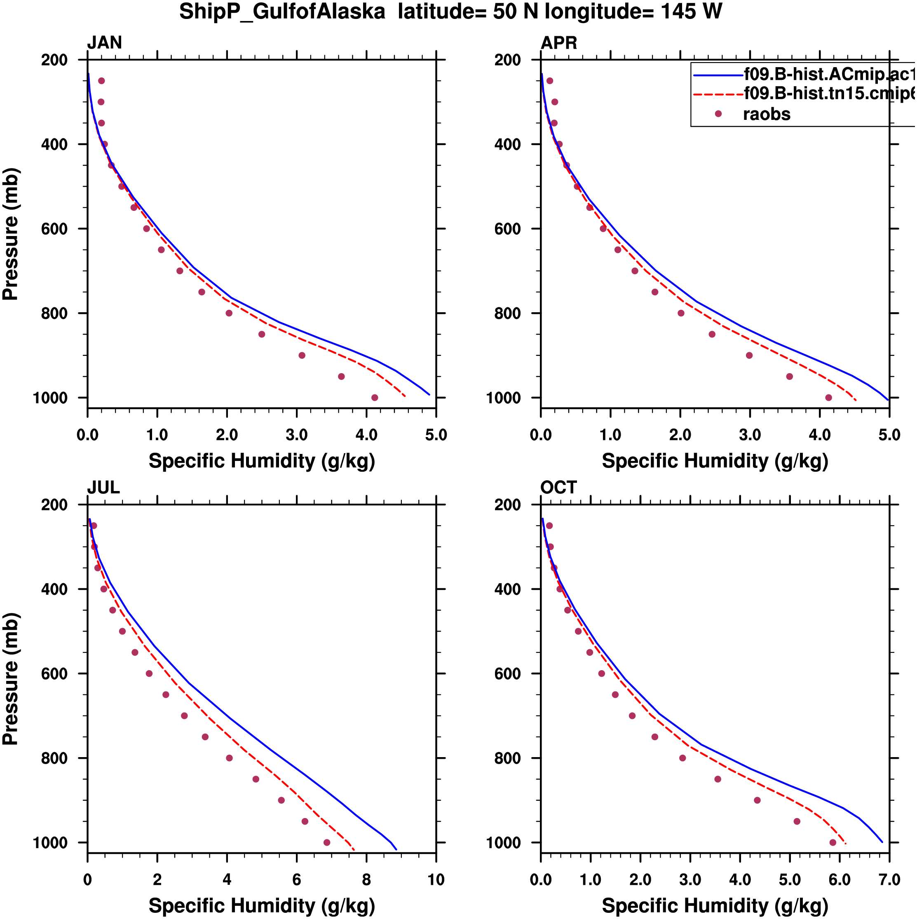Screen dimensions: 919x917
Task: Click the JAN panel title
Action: click(104, 43)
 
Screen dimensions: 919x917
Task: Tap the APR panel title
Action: click(559, 43)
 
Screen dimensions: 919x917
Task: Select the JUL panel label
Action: click(103, 488)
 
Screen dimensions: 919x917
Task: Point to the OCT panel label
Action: click(559, 488)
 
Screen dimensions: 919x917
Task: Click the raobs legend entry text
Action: click(767, 114)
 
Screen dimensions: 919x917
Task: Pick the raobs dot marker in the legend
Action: click(718, 114)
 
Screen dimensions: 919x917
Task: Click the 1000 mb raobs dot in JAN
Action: click(375, 398)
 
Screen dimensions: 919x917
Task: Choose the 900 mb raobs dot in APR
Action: click(749, 355)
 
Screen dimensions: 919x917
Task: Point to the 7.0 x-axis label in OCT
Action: click(889, 880)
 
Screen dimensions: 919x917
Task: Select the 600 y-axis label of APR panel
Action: click(507, 229)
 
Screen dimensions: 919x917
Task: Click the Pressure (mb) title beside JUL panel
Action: click(10, 679)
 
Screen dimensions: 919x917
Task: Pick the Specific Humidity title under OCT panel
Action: click(715, 906)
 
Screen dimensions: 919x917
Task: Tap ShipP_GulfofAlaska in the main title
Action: click(282, 12)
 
